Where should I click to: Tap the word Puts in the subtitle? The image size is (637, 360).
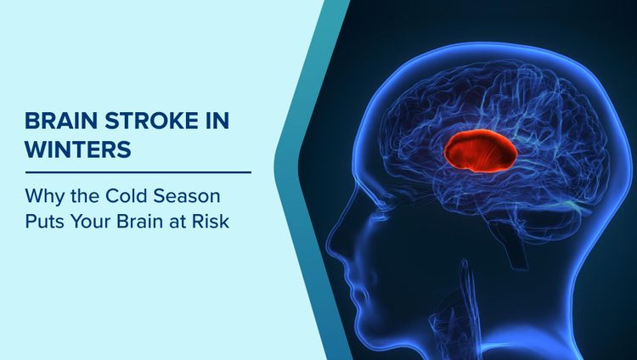tap(43, 223)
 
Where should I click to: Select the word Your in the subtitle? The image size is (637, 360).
tap(93, 223)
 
